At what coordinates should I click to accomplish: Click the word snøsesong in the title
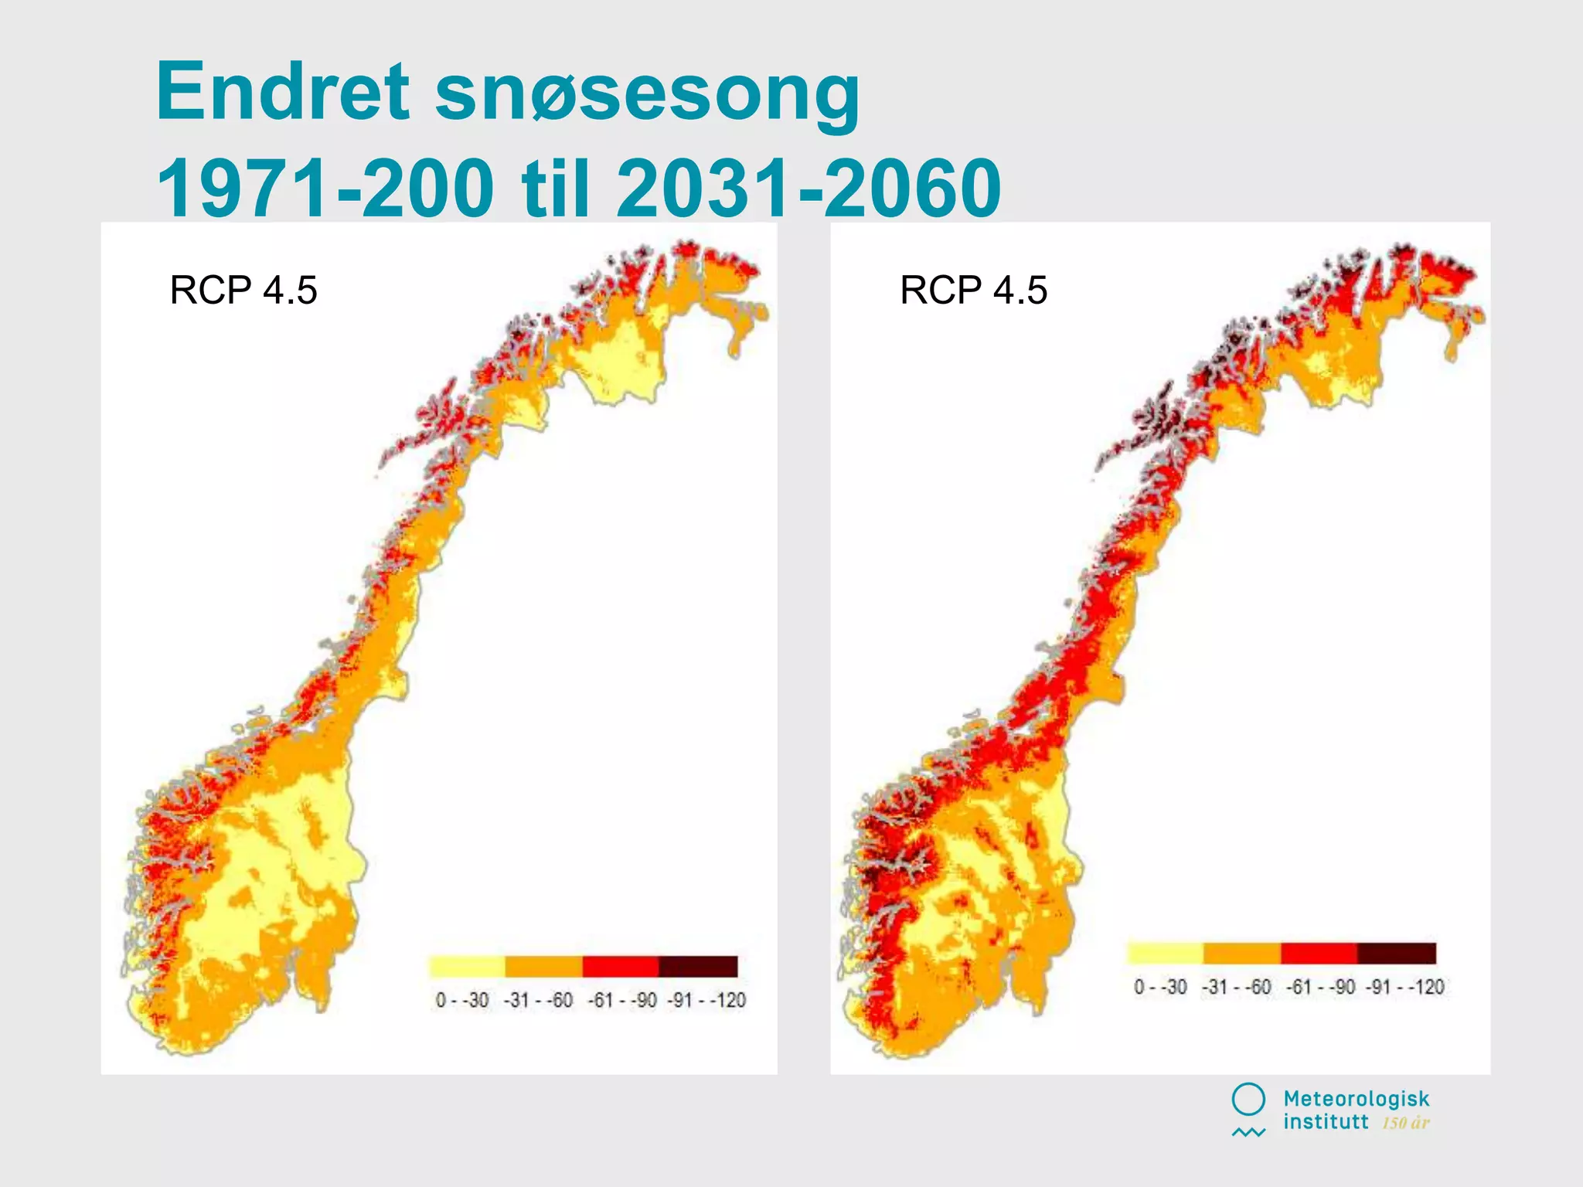(647, 94)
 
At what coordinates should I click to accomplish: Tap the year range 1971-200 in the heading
(325, 188)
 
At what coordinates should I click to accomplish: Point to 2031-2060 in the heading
(809, 188)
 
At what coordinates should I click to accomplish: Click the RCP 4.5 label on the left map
(243, 291)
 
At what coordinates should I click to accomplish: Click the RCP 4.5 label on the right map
(973, 291)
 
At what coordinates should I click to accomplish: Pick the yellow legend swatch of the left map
(467, 966)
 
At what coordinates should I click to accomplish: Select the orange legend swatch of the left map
(543, 966)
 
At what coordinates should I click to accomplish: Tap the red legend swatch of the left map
(621, 966)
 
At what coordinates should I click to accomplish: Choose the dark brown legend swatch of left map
(698, 966)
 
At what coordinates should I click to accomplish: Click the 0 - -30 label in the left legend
(462, 1000)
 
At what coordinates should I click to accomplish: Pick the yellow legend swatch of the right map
(1166, 953)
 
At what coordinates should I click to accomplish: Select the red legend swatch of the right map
(1319, 953)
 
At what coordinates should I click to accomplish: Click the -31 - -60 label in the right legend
(1237, 987)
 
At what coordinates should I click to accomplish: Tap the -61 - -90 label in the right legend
(1320, 987)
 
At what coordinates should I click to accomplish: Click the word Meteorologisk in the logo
(1357, 1099)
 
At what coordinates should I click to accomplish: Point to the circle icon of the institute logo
(1248, 1100)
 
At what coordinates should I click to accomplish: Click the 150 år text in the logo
(1406, 1123)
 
